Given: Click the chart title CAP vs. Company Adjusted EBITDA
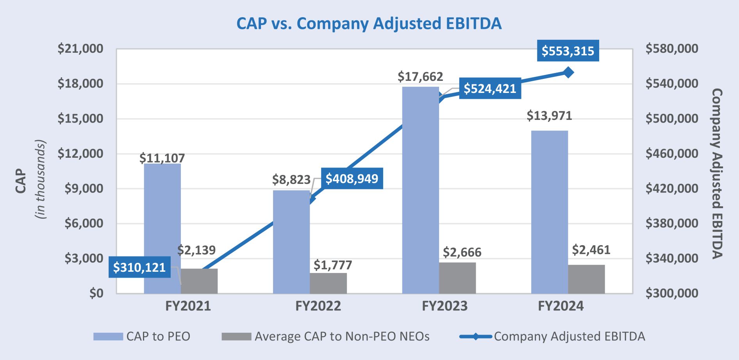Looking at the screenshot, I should [x=369, y=23].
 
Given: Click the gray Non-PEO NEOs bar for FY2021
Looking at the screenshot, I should [x=199, y=281].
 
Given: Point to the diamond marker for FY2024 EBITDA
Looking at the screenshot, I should [x=568, y=72].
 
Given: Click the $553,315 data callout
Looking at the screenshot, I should [x=568, y=51].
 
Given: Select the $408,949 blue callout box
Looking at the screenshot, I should [x=352, y=179].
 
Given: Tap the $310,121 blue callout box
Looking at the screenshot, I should [x=139, y=267].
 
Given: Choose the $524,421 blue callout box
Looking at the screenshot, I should [x=490, y=89].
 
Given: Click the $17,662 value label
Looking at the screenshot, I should [x=420, y=77].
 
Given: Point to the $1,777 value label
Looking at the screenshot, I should [x=333, y=265].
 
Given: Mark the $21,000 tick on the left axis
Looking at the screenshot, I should [x=80, y=49].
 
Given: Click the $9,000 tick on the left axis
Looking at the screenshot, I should [x=84, y=189].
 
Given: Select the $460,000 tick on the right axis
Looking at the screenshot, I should [x=672, y=153].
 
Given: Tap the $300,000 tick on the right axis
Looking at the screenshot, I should [x=672, y=293].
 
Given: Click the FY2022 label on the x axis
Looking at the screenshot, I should [x=318, y=306].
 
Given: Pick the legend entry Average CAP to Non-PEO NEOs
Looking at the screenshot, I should [x=342, y=337].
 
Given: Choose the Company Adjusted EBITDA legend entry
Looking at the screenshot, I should [x=569, y=337].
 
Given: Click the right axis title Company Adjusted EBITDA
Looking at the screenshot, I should [x=717, y=174].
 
